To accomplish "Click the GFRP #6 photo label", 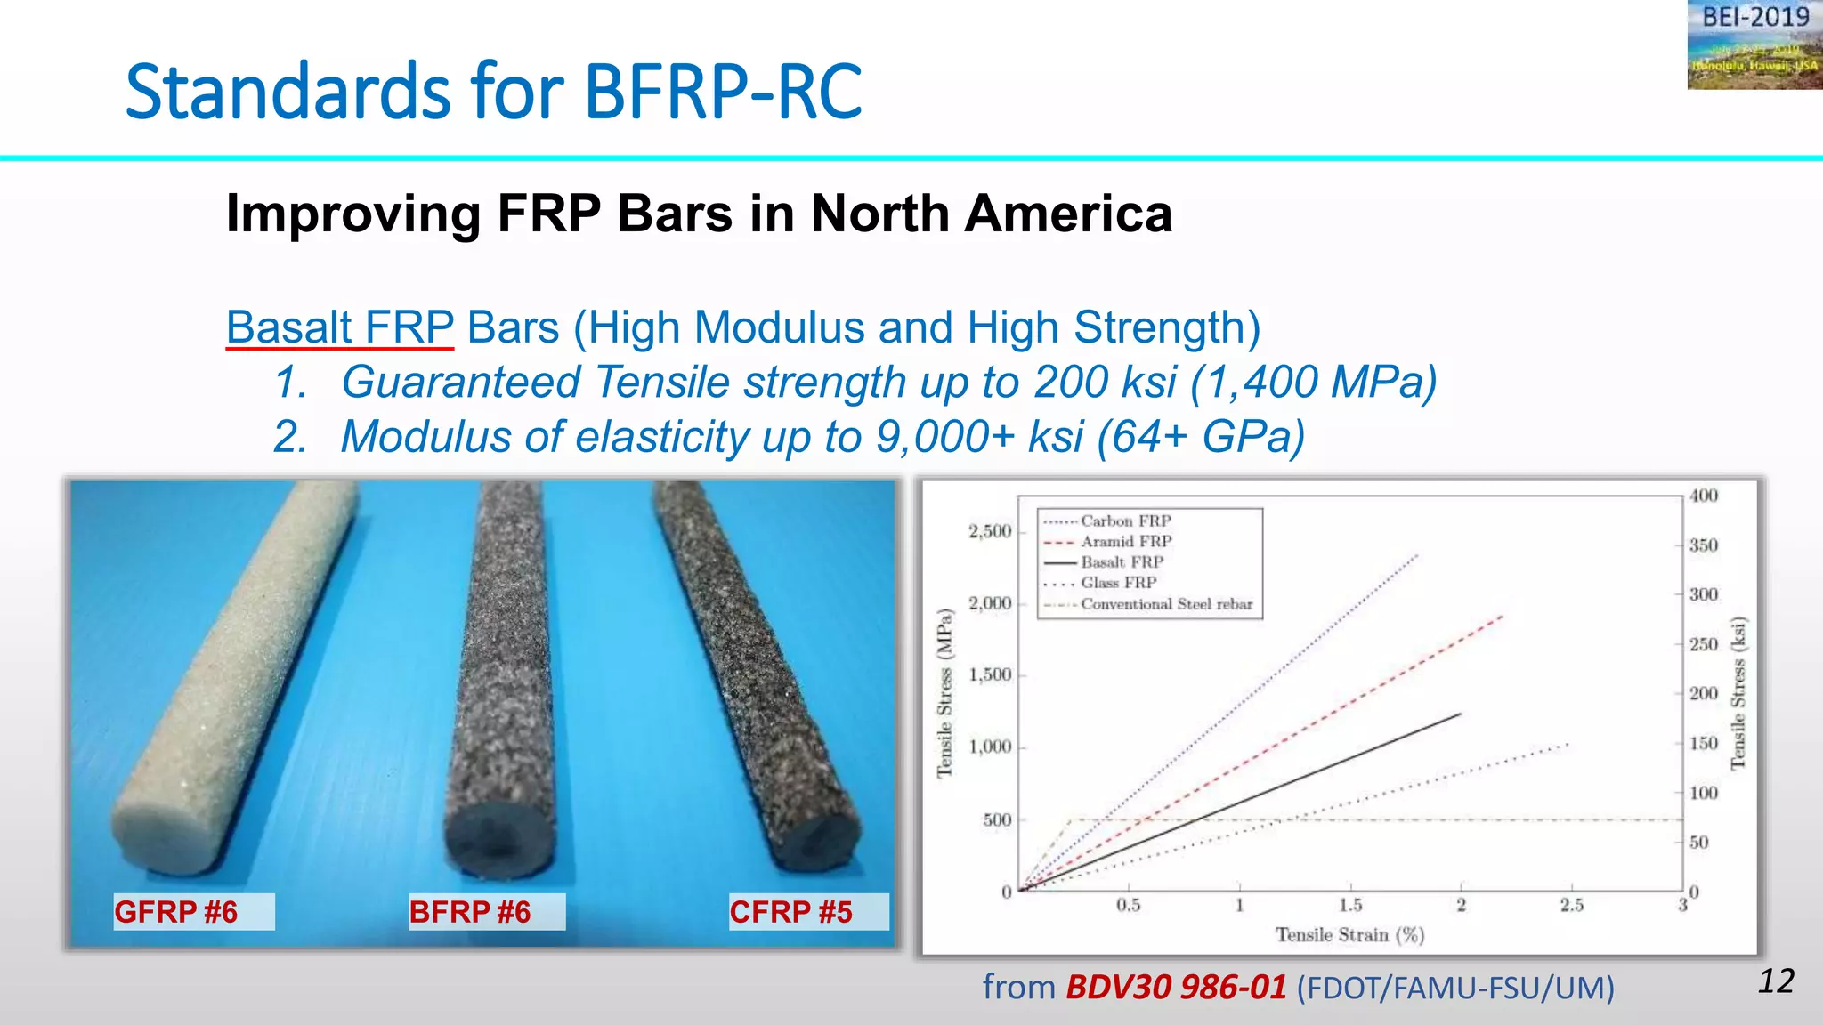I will click(x=176, y=912).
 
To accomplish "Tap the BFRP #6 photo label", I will click(x=470, y=912).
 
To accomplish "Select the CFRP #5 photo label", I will click(x=791, y=912).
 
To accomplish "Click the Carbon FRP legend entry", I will click(x=1126, y=521).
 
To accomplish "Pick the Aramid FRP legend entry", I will click(x=1126, y=541).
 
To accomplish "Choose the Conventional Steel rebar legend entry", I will click(x=1166, y=604).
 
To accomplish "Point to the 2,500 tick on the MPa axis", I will click(x=990, y=531).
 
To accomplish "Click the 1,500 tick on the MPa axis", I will click(x=990, y=675).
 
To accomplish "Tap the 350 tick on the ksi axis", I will click(x=1704, y=545).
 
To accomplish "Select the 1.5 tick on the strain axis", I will click(x=1350, y=905).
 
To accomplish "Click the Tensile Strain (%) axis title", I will click(x=1349, y=934).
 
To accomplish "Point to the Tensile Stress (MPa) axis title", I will click(x=944, y=692).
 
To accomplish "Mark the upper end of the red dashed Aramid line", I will click(x=1503, y=616).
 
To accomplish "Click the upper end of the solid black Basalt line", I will click(x=1461, y=714).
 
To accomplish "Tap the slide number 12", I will click(x=1776, y=981).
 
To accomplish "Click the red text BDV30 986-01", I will click(x=1176, y=987).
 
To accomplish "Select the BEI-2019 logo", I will click(x=1754, y=44).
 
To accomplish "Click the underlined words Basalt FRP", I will click(x=340, y=327).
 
